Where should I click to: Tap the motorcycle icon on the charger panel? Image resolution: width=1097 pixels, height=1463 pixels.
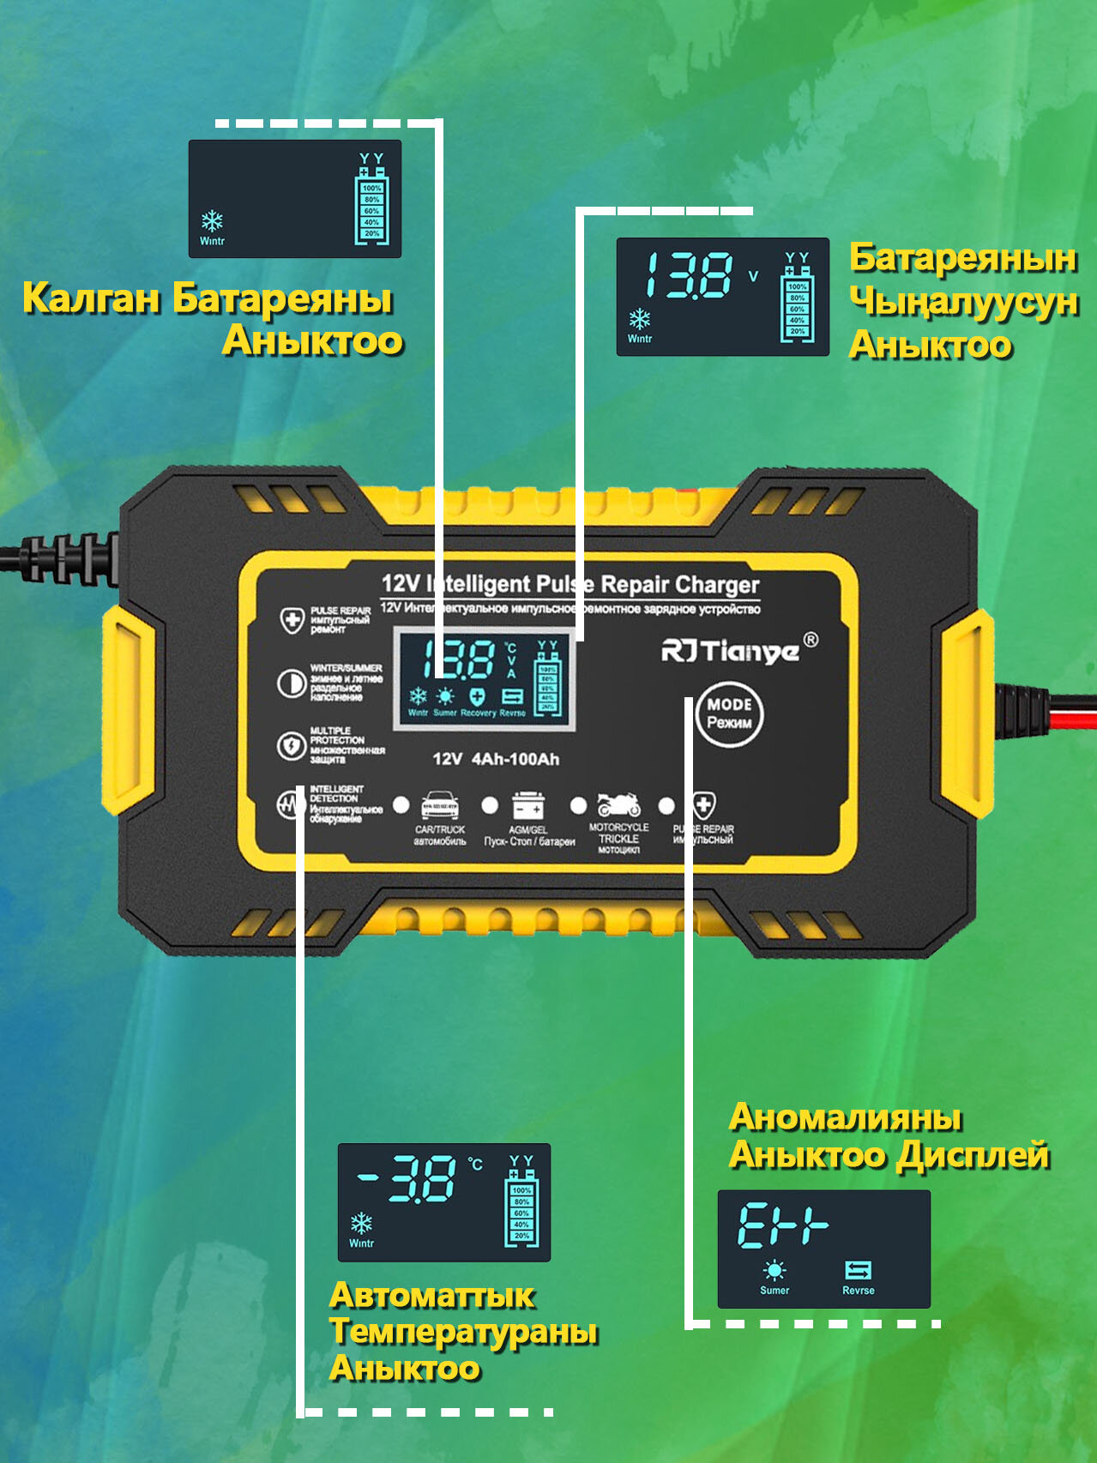click(x=618, y=804)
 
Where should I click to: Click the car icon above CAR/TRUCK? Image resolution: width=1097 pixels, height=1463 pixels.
click(x=439, y=806)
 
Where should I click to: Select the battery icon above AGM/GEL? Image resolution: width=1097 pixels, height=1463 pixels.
click(x=527, y=806)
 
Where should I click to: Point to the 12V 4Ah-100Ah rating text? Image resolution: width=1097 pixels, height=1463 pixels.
click(x=496, y=759)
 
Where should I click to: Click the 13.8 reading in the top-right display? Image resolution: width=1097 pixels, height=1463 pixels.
click(x=689, y=275)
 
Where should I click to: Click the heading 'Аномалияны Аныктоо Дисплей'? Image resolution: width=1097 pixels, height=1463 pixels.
click(x=888, y=1136)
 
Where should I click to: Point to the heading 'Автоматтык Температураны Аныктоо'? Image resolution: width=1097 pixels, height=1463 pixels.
click(x=463, y=1331)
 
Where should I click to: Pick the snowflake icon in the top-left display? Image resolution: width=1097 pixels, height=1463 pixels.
click(x=212, y=221)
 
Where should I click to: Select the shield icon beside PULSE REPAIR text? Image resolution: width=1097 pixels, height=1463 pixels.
click(x=292, y=619)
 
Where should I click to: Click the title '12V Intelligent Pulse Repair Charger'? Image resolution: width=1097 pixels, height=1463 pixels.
click(x=570, y=585)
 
